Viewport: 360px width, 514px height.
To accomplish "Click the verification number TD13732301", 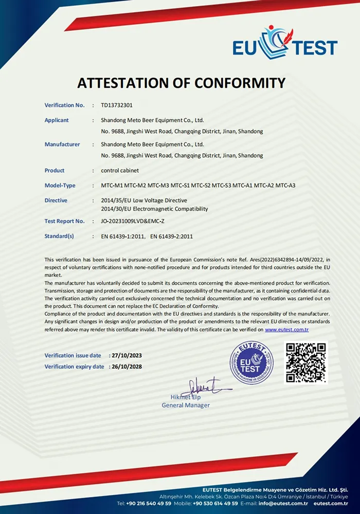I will click(117, 105).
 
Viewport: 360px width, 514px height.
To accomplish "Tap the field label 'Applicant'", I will click(57, 120).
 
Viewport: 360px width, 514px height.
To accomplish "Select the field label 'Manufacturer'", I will click(62, 144).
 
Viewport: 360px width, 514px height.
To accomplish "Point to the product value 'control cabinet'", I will click(120, 170).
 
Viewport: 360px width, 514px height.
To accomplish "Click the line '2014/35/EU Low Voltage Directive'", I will click(145, 200).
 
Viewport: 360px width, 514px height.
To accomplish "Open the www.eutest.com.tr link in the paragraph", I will click(286, 329).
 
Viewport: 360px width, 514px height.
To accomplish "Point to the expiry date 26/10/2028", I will click(127, 366).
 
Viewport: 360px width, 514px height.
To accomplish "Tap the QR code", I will click(305, 362).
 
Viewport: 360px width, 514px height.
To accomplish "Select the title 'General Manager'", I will click(186, 406).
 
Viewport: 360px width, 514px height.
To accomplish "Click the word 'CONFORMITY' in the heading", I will click(236, 82).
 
